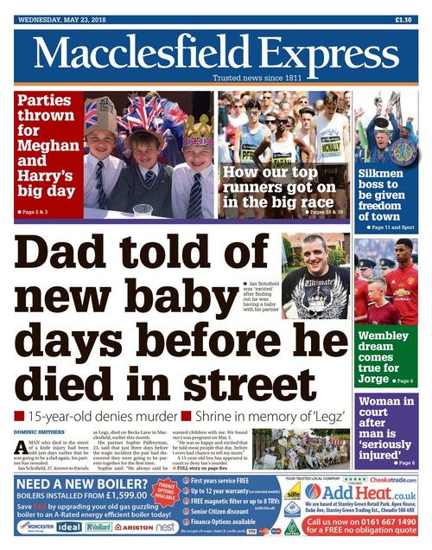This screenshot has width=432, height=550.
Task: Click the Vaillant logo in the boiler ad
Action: coord(99,526)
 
